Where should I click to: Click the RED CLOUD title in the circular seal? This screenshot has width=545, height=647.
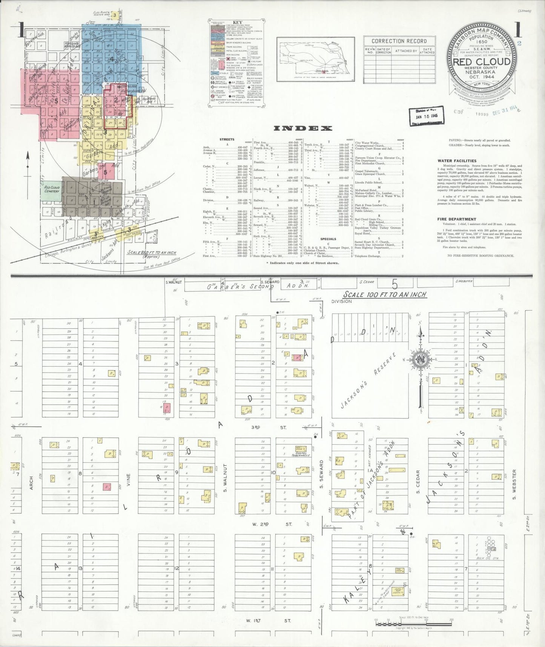(x=482, y=62)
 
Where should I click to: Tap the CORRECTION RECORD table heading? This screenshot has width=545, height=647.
(x=399, y=41)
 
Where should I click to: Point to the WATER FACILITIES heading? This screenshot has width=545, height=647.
(x=457, y=161)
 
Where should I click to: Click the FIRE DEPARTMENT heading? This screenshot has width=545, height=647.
(x=456, y=219)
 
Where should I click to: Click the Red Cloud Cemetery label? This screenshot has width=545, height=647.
(x=52, y=189)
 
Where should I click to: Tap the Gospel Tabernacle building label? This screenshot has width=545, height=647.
(x=300, y=455)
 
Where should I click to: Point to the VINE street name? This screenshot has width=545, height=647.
(x=128, y=479)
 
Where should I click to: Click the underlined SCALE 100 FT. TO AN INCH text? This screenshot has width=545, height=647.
(x=385, y=294)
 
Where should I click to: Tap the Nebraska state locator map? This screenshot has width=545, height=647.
(x=315, y=59)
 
